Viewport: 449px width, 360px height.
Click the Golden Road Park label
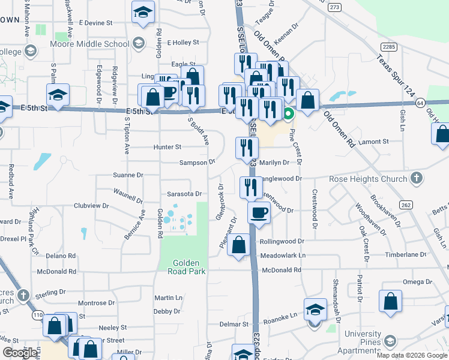click(189, 267)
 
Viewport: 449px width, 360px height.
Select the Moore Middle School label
click(89, 44)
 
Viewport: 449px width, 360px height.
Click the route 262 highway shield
click(406, 205)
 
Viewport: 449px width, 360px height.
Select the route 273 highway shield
click(334, 7)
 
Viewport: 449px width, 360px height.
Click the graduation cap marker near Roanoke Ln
click(315, 310)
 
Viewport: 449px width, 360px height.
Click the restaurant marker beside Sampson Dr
click(247, 147)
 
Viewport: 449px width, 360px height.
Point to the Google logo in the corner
click(19, 353)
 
